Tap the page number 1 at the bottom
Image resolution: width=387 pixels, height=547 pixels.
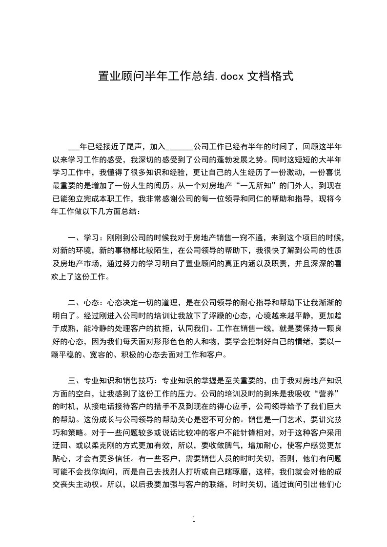pos(194,519)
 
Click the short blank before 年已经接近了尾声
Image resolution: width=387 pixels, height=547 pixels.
pos(74,147)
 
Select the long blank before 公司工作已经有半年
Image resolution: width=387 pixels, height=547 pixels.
pos(180,147)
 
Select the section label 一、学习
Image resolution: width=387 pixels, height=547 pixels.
pos(84,237)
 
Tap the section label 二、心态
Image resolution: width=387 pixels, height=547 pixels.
pos(84,302)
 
